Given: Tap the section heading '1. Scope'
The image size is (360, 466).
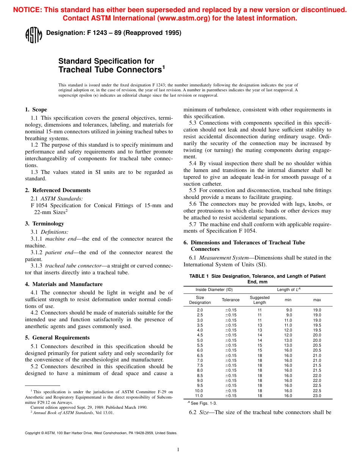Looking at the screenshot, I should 36,110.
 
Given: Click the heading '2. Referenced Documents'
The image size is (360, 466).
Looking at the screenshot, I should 58,190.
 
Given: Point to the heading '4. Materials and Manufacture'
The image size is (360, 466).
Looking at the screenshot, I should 64,284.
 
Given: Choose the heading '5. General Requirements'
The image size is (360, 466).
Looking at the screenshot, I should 57,338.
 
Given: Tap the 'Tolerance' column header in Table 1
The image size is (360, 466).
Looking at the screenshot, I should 230,300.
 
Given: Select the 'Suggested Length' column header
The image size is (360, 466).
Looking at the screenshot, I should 260,300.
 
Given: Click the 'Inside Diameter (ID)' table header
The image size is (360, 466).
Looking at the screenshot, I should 214,290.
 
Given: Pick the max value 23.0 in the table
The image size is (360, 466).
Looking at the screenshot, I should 317,396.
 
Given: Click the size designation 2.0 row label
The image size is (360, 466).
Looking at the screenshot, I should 200,310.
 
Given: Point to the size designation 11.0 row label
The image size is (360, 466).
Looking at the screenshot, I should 199,396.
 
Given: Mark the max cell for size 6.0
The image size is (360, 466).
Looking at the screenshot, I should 317,350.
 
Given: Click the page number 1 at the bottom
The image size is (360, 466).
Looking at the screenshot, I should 178,450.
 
